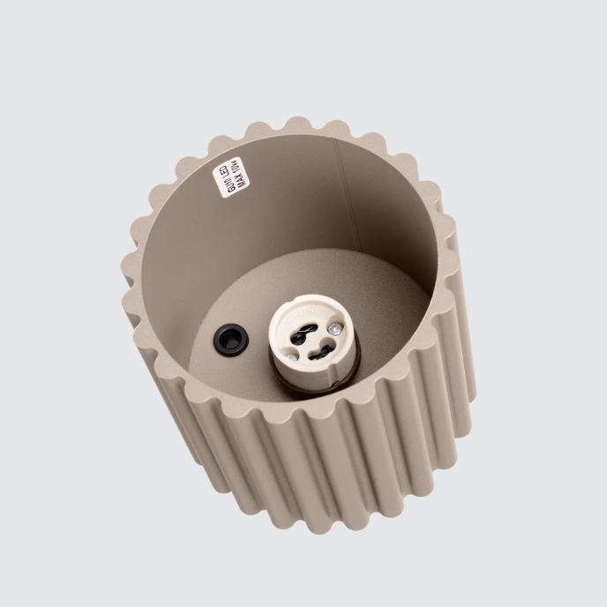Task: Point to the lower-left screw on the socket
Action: point(292,356)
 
